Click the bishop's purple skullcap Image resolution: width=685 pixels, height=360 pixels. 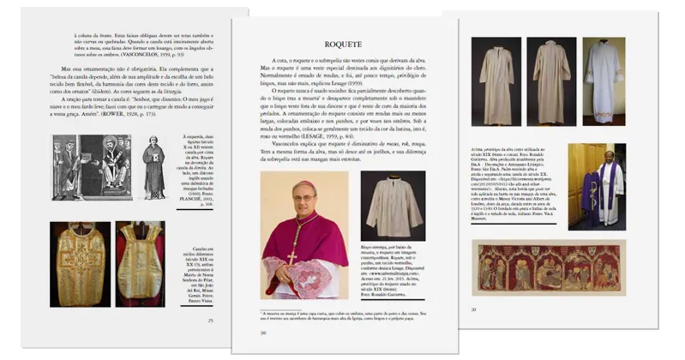304,184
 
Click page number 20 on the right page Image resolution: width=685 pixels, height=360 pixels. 473,309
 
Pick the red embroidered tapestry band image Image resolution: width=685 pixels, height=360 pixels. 549,267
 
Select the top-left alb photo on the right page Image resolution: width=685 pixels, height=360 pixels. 496,81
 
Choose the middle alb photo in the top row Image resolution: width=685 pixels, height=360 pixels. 550,81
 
